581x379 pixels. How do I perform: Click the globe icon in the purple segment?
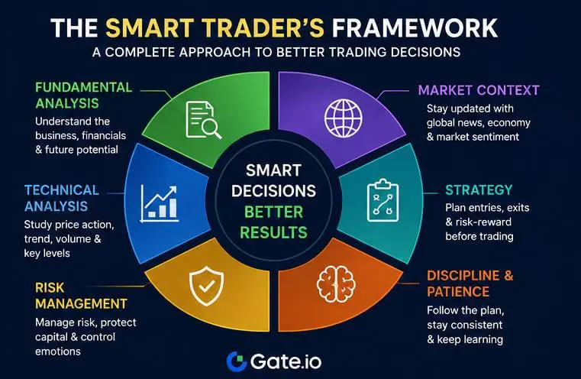(344, 118)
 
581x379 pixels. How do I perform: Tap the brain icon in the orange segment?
(336, 283)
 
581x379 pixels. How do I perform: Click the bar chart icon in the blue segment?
(160, 203)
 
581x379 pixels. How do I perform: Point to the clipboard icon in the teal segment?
(382, 201)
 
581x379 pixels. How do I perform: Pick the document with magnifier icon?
(203, 120)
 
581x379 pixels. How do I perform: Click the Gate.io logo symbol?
(237, 361)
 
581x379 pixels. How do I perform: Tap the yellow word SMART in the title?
(150, 28)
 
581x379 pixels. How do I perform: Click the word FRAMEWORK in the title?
(415, 28)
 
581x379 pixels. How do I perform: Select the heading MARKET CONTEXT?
(479, 90)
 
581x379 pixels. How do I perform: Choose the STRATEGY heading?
(479, 189)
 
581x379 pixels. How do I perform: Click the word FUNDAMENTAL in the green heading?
(84, 87)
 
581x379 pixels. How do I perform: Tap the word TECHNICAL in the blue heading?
(62, 189)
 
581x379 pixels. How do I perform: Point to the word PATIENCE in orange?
(458, 291)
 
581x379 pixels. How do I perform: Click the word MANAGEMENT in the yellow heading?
(81, 303)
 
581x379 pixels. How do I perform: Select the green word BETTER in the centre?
(274, 212)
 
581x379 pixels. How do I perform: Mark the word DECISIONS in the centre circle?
(274, 191)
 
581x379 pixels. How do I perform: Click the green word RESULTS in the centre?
(274, 232)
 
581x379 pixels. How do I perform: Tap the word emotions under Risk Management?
(58, 351)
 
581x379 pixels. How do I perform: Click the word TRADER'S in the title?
(263, 28)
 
